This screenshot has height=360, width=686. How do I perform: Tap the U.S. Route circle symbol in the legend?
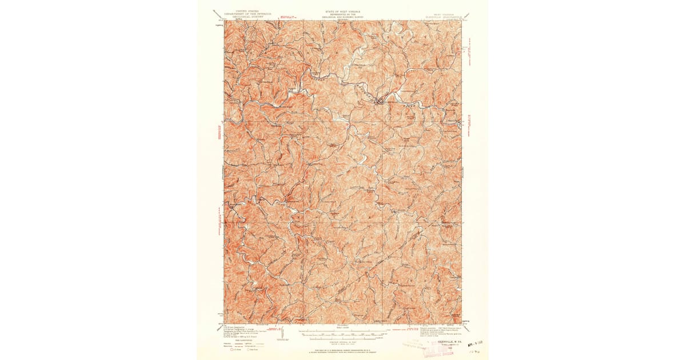click(x=232, y=350)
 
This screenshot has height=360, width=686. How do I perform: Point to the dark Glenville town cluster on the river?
click(x=377, y=101)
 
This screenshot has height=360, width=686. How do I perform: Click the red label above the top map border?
click(x=286, y=17)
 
